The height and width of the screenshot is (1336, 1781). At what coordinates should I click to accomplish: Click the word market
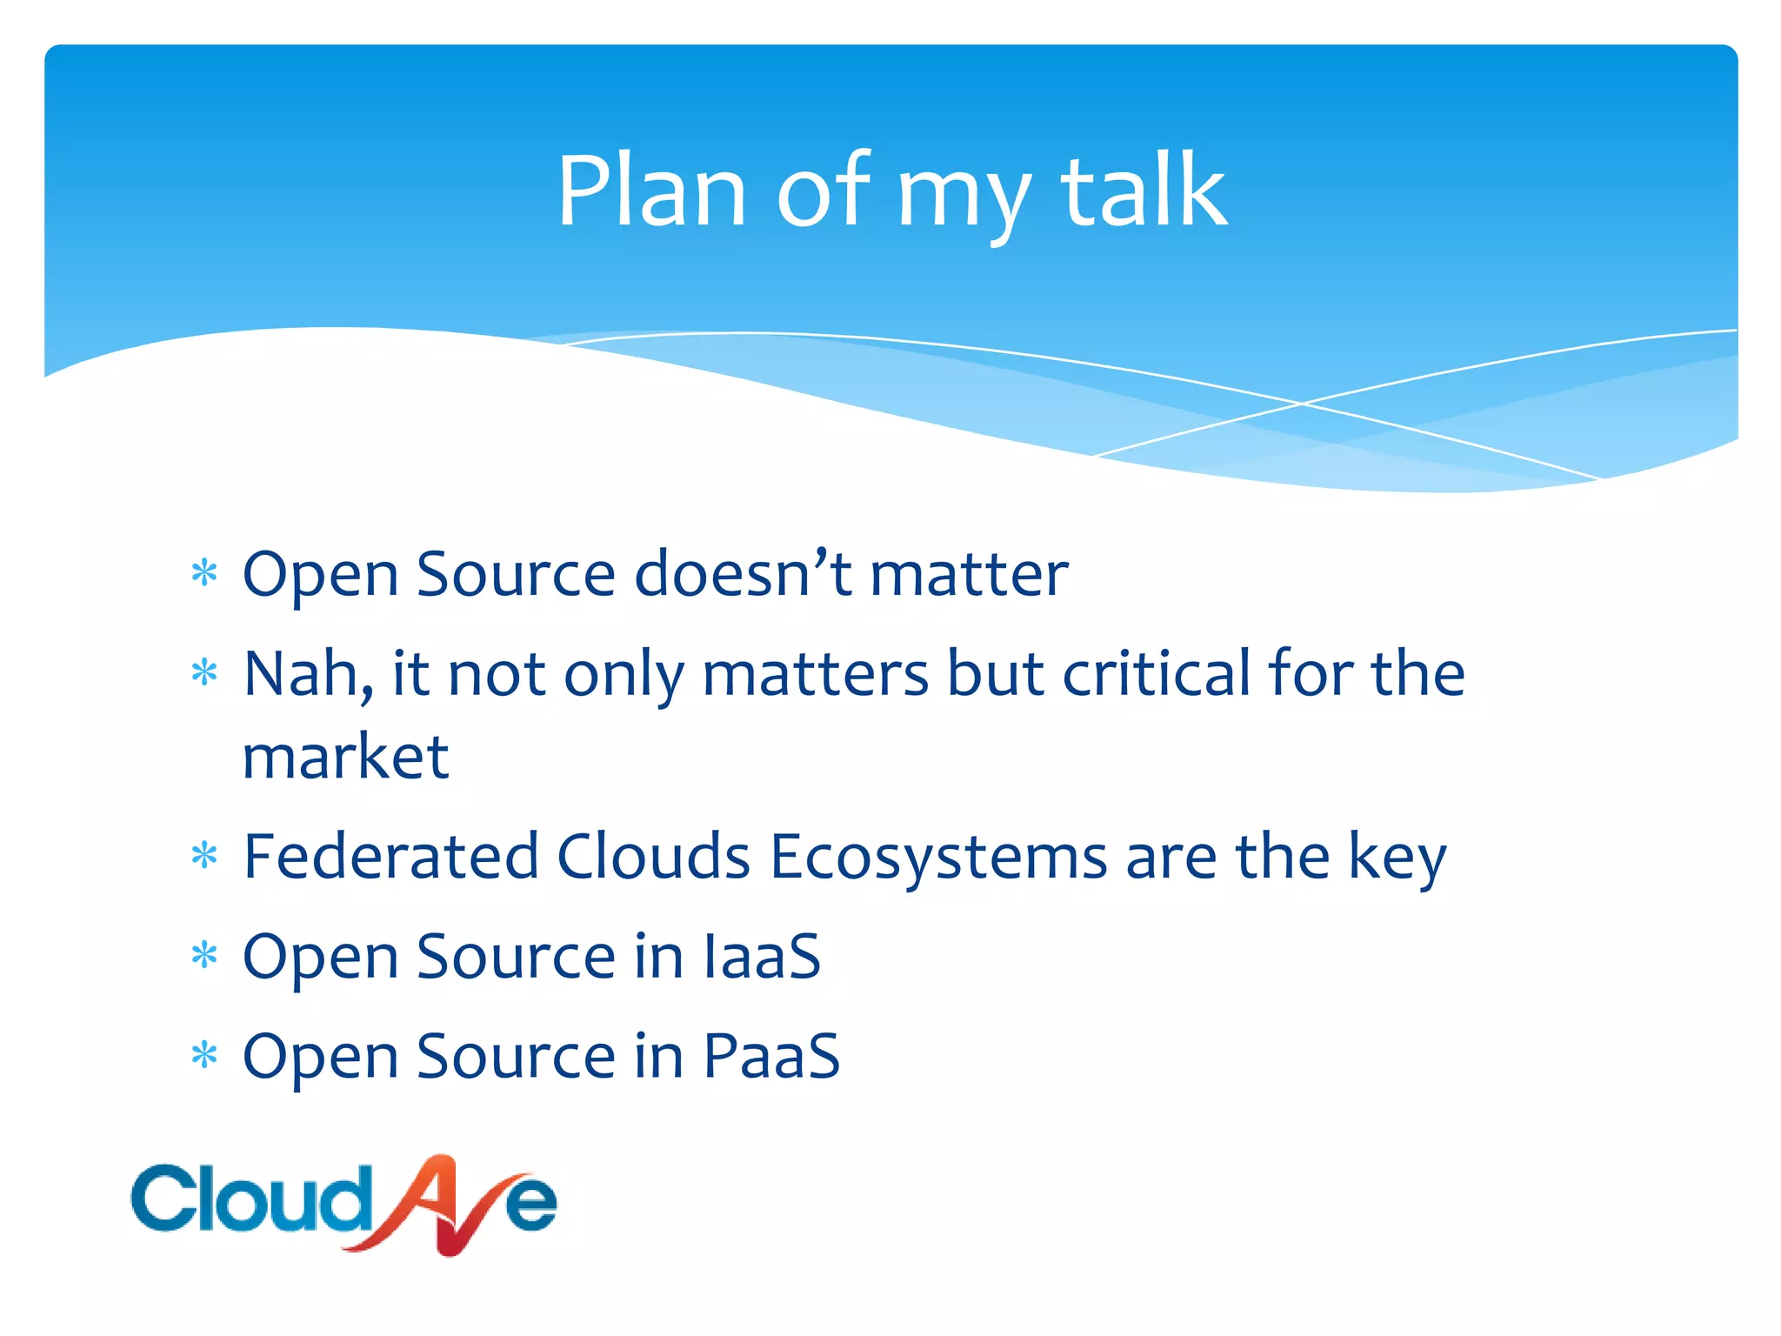345,757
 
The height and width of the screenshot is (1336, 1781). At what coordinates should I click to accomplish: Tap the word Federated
390,857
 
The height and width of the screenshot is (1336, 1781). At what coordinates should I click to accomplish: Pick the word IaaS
762,957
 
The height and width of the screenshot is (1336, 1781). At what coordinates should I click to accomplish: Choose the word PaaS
770,1056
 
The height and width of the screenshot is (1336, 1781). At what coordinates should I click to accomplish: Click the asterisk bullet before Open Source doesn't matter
204,574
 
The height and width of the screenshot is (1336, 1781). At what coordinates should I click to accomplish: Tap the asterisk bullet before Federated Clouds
204,857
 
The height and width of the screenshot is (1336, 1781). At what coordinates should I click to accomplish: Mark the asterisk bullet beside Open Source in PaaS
204,1056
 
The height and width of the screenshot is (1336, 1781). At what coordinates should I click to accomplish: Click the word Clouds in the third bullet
653,857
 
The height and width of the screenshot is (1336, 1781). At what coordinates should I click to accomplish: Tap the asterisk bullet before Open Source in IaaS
204,957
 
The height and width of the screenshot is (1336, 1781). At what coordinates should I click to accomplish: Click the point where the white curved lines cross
1302,404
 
